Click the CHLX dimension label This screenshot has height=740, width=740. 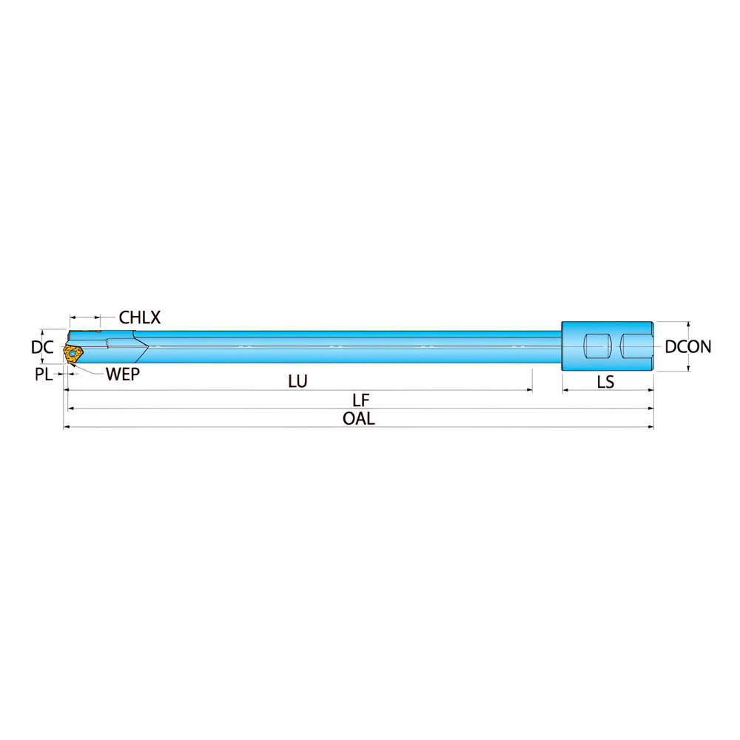click(x=140, y=317)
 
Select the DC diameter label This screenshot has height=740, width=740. click(x=42, y=347)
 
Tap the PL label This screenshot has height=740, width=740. click(x=44, y=374)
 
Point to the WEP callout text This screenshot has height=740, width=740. click(x=123, y=374)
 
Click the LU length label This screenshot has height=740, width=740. click(x=297, y=381)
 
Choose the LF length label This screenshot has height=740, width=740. click(x=361, y=400)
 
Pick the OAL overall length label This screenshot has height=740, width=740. click(x=359, y=419)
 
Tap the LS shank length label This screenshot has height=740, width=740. click(x=605, y=382)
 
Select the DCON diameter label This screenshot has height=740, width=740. click(x=688, y=347)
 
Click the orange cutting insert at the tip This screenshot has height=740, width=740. click(x=73, y=354)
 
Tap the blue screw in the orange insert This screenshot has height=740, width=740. click(x=73, y=353)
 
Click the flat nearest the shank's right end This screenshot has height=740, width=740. click(x=636, y=346)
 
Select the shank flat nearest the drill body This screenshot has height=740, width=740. click(x=598, y=346)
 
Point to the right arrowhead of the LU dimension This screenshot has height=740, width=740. click(x=530, y=390)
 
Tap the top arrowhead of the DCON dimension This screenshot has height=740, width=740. click(x=688, y=325)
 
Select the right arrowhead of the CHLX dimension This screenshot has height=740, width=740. click(x=98, y=317)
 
